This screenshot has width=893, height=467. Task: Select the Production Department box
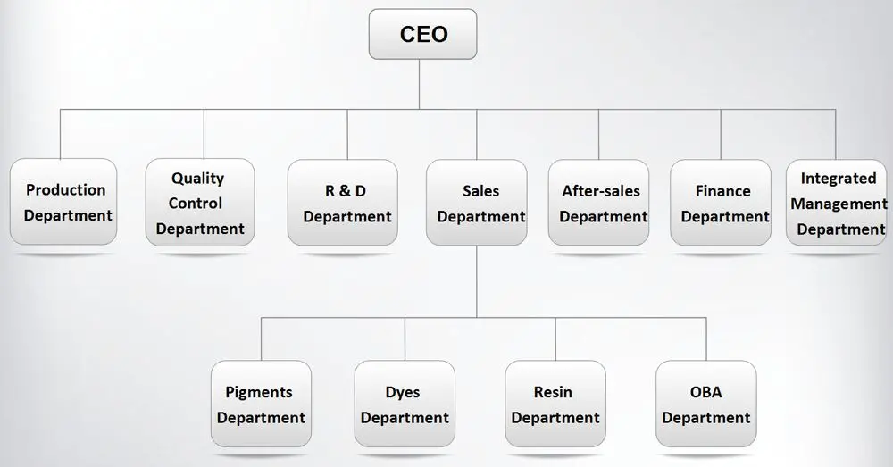tap(65, 202)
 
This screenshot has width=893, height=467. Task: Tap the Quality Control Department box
tap(199, 202)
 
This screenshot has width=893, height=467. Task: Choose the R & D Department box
tap(343, 202)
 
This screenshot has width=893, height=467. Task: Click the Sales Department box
tap(477, 202)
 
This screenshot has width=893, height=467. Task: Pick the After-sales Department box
tap(599, 202)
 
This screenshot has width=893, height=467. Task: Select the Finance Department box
tap(721, 202)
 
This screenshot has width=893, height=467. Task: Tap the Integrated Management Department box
tap(838, 202)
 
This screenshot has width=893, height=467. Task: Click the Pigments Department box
tap(261, 404)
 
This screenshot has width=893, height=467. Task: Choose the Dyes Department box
tap(405, 404)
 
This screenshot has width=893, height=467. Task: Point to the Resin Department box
tap(555, 404)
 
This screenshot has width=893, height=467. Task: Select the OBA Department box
tap(705, 404)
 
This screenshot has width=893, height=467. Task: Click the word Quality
tap(198, 179)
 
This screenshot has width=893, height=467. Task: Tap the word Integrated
tap(839, 179)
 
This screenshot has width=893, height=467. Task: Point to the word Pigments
tap(259, 392)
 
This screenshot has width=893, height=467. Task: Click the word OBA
tap(705, 392)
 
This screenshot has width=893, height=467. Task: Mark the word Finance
tap(722, 191)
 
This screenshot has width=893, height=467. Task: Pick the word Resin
tap(554, 392)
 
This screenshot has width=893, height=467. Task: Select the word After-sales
tap(601, 191)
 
